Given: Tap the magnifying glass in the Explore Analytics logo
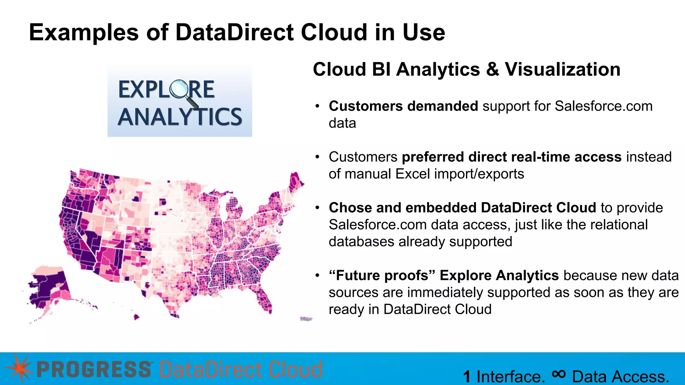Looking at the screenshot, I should pyautogui.click(x=179, y=89).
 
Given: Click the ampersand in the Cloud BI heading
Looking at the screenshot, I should pyautogui.click(x=492, y=70).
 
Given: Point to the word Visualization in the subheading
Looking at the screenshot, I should pyautogui.click(x=562, y=70).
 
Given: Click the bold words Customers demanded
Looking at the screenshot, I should pyautogui.click(x=403, y=106).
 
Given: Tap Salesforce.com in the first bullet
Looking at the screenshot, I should pyautogui.click(x=603, y=106).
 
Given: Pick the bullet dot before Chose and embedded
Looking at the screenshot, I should pyautogui.click(x=317, y=208).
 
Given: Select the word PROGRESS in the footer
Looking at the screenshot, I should pyautogui.click(x=94, y=370).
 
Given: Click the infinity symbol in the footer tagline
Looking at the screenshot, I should pyautogui.click(x=559, y=374).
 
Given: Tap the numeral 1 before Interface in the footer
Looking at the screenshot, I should pyautogui.click(x=467, y=377).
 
